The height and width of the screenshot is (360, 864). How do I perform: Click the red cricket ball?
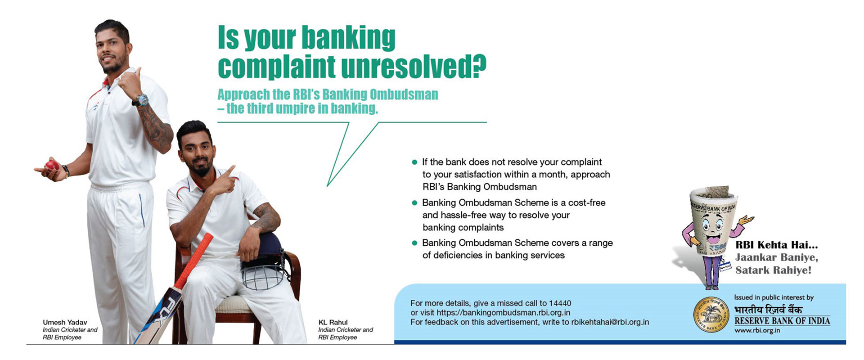click(x=52, y=165)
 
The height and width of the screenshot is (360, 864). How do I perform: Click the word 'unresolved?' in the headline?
click(x=414, y=67)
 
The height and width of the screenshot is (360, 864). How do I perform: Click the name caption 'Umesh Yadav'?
click(x=65, y=322)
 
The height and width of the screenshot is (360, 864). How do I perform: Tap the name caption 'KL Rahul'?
click(x=333, y=322)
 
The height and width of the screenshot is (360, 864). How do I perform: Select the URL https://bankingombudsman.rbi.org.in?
click(x=503, y=313)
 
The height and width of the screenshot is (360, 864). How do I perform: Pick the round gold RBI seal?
click(x=711, y=315)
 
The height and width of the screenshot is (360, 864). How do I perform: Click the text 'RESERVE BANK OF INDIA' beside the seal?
click(x=782, y=321)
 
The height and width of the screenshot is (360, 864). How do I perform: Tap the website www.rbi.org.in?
click(x=757, y=331)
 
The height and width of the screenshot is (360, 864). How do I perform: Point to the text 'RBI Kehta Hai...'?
click(x=776, y=245)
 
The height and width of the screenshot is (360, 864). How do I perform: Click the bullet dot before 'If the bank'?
click(x=414, y=162)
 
